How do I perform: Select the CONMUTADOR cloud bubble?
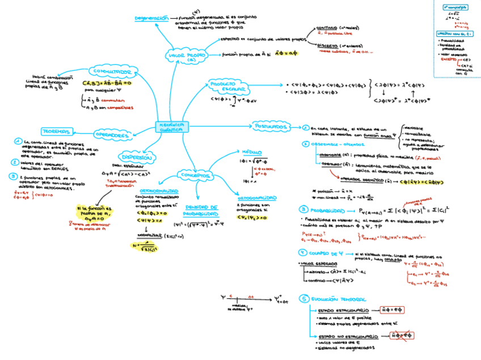coord(115,73)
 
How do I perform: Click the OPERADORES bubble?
coord(111,135)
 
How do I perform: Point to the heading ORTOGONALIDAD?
coord(257,198)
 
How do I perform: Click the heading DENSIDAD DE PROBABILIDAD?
coord(202,210)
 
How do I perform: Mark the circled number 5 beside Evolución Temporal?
coord(305,299)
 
